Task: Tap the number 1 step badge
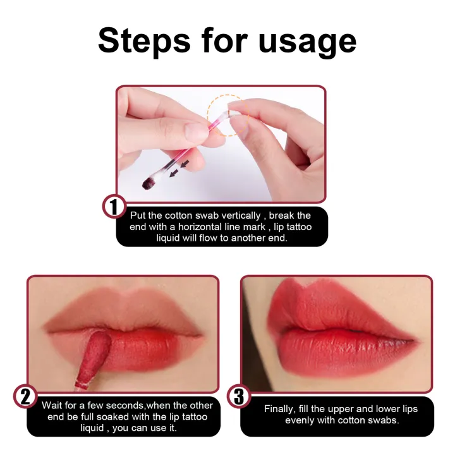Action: tap(114, 207)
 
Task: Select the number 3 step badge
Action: tap(238, 397)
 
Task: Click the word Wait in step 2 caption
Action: tap(53, 405)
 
